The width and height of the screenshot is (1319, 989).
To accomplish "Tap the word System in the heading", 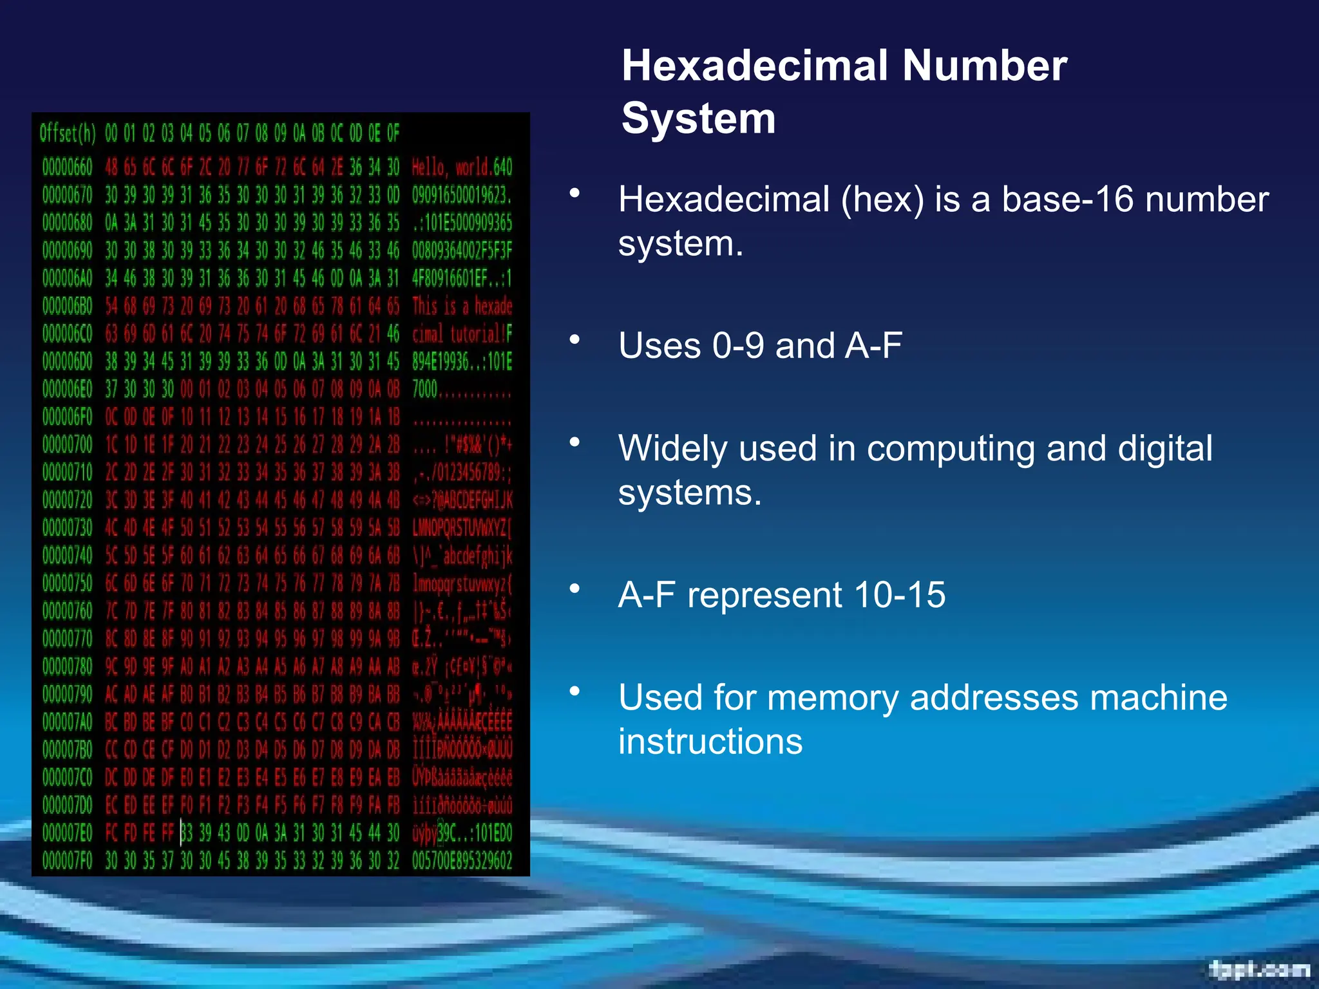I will click(698, 119).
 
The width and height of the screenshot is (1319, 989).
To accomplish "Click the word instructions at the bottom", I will click(710, 742).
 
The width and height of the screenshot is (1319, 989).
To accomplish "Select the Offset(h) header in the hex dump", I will click(67, 134).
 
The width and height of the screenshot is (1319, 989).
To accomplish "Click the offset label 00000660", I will click(67, 167).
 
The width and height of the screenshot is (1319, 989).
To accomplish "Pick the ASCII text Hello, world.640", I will click(462, 167).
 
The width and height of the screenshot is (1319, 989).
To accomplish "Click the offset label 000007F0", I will click(67, 861).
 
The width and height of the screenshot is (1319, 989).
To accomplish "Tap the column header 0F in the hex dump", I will click(393, 134).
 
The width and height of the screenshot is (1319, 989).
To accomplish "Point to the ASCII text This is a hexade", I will click(462, 306).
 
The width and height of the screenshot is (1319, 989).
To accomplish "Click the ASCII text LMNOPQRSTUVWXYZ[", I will click(462, 528).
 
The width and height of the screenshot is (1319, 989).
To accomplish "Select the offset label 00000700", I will click(67, 445).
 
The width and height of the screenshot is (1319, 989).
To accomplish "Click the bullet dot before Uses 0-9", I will click(574, 339).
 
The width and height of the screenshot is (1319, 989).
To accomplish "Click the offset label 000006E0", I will click(67, 390).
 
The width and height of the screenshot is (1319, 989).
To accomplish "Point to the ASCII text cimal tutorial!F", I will click(462, 334).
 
